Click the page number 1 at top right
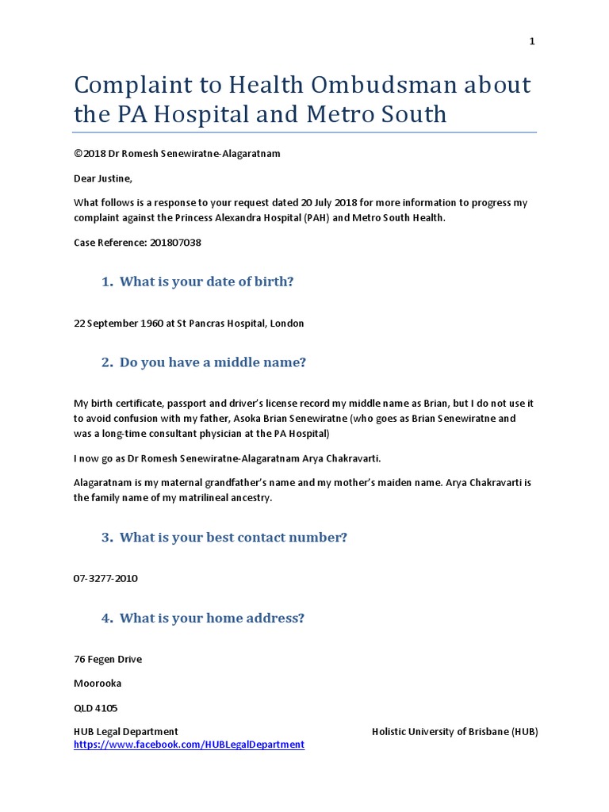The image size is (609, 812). (x=533, y=42)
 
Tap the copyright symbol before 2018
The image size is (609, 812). (x=78, y=154)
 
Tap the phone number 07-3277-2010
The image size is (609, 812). (x=105, y=579)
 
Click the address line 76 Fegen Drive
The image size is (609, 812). (x=108, y=660)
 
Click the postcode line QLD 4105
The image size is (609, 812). (x=95, y=708)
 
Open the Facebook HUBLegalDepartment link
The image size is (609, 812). (x=189, y=745)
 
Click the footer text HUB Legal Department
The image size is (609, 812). (x=125, y=731)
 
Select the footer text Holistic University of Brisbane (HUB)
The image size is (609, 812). (x=454, y=731)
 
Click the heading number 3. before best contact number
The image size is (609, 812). (x=107, y=538)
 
